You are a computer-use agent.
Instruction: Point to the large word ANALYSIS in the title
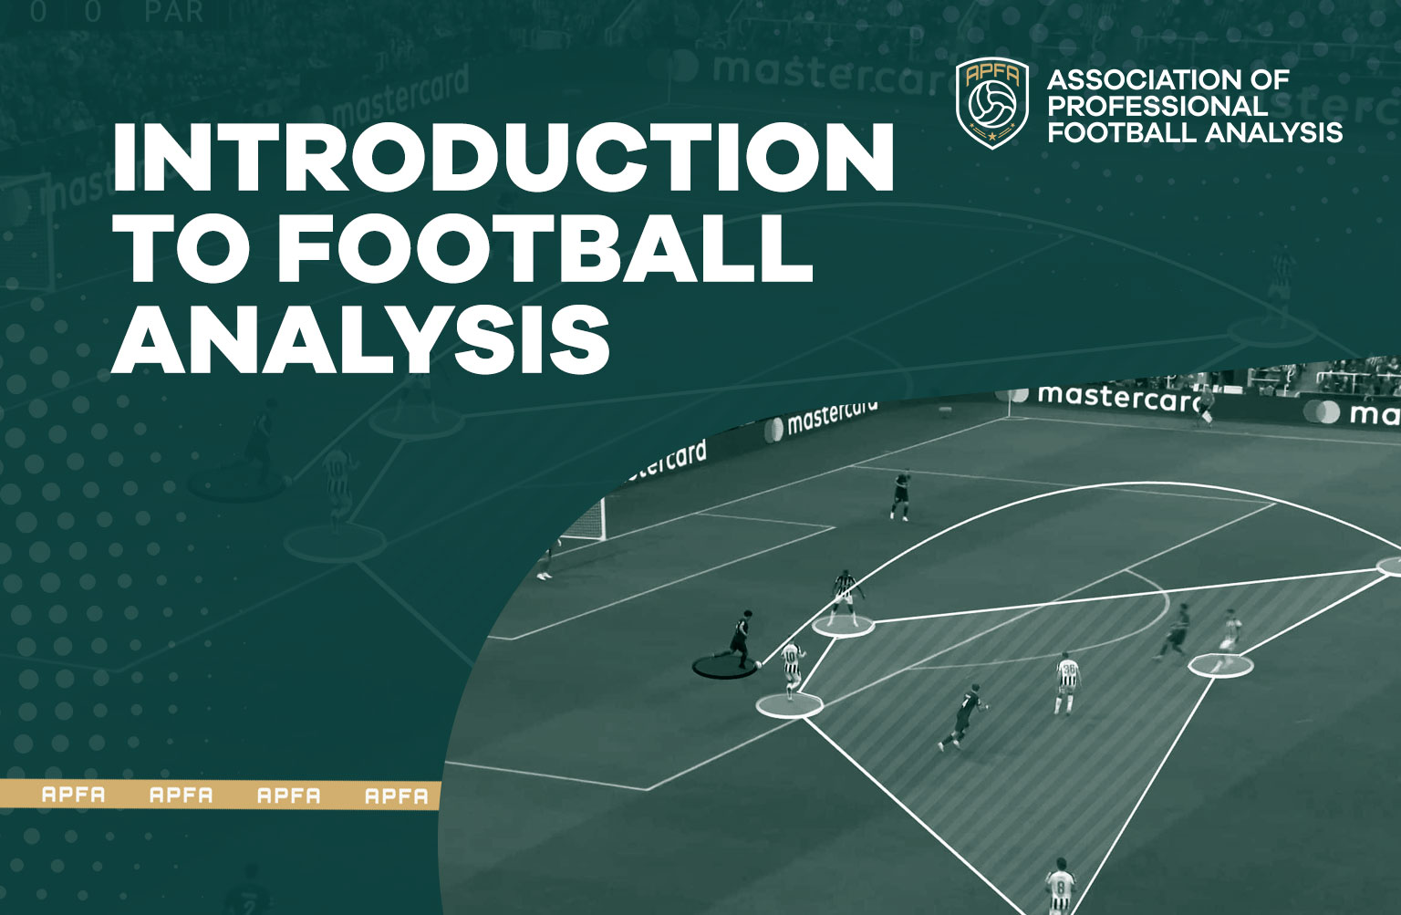(361, 338)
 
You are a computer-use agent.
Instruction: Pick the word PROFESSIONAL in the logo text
(1157, 106)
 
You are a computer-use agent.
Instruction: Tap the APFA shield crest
(992, 103)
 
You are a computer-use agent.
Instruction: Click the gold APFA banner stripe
(219, 795)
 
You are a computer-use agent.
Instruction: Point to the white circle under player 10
(790, 704)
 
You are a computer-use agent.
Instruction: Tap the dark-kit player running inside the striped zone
(961, 715)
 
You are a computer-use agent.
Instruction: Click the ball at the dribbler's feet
(758, 663)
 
